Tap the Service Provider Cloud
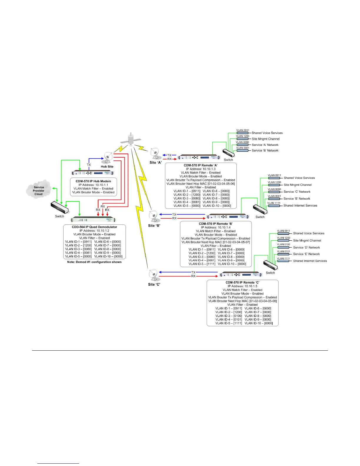click(x=39, y=190)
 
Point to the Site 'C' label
click(x=154, y=284)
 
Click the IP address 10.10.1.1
click(x=93, y=185)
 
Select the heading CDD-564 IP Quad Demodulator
click(x=94, y=227)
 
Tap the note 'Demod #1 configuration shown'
click(x=94, y=262)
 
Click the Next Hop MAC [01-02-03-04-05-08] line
click(x=242, y=301)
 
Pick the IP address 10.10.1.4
click(x=216, y=227)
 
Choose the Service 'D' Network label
click(x=306, y=247)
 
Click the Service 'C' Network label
click(x=297, y=192)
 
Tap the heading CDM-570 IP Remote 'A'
click(x=201, y=165)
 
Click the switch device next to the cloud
click(x=59, y=207)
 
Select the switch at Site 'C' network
click(x=270, y=265)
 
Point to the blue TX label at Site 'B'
click(x=174, y=214)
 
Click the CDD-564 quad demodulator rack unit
click(x=94, y=219)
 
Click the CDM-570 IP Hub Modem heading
click(x=93, y=181)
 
